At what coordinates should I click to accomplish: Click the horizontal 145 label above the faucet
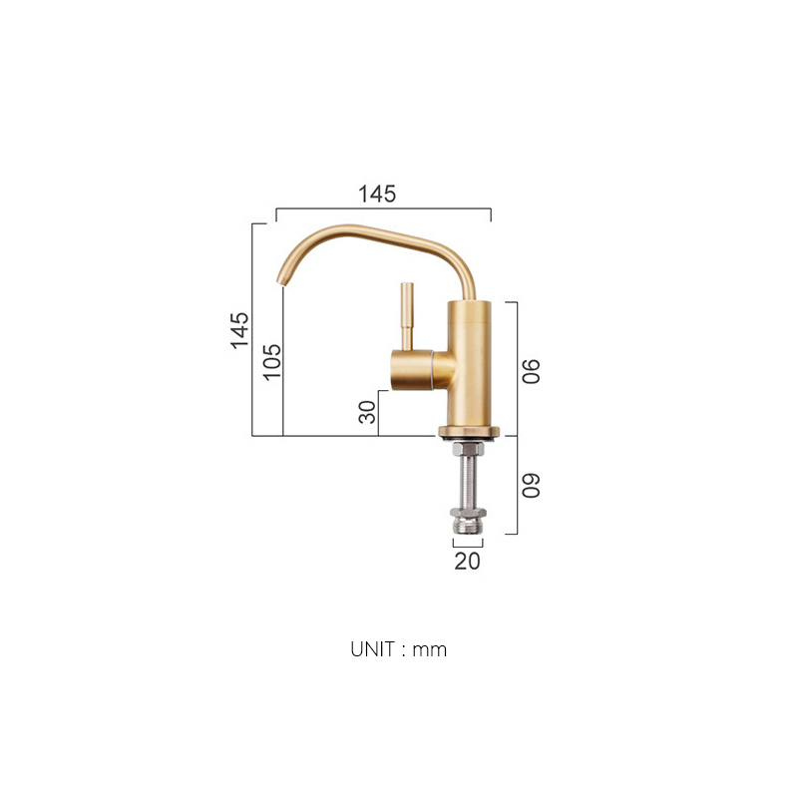click(x=378, y=195)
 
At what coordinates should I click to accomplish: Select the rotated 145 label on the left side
click(x=239, y=330)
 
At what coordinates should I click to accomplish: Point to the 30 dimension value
click(x=367, y=411)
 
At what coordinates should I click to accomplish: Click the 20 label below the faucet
click(x=467, y=561)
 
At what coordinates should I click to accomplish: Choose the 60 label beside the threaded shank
click(x=531, y=485)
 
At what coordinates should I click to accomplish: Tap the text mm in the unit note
click(x=431, y=649)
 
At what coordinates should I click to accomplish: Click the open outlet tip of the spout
click(x=280, y=280)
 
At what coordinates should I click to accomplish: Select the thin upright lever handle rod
click(x=406, y=313)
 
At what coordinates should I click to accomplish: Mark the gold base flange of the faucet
click(x=467, y=432)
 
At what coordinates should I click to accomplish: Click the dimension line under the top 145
click(x=383, y=209)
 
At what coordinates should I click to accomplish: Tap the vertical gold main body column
click(x=468, y=369)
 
